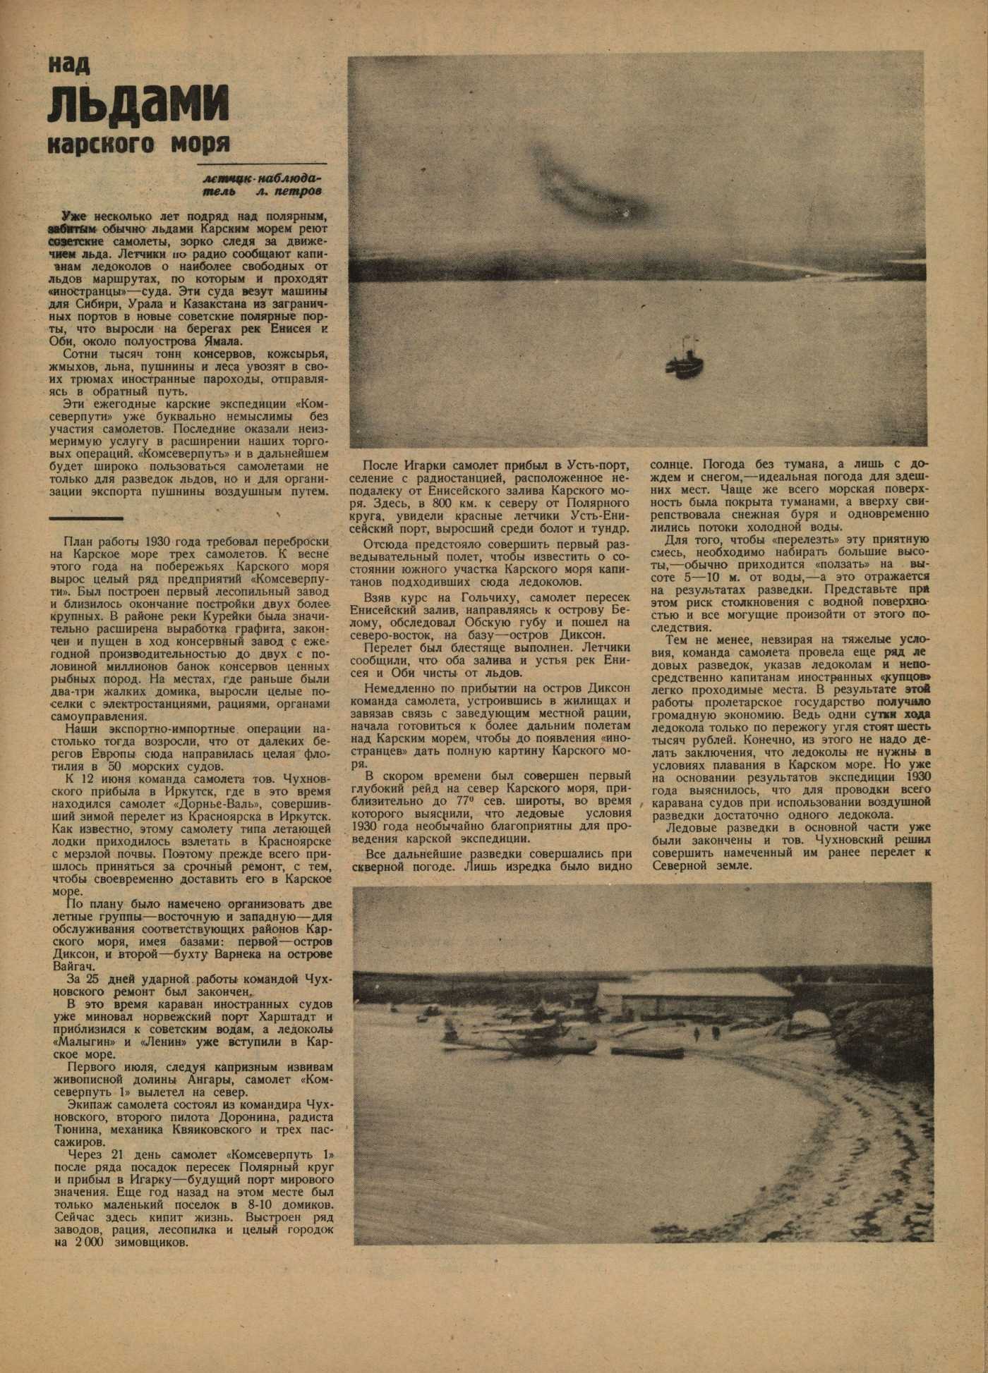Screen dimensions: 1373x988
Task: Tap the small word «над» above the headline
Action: (69, 65)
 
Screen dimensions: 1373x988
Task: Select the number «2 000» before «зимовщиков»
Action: (87, 1243)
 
